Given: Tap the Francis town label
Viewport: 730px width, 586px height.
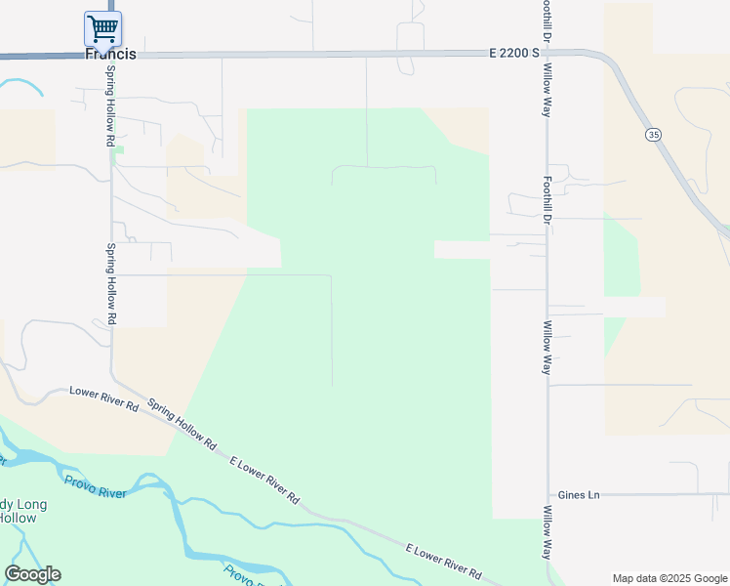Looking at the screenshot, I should [x=110, y=55].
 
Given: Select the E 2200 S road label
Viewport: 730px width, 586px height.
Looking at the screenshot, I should [x=515, y=55].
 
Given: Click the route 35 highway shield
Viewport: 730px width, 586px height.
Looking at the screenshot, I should [x=653, y=134].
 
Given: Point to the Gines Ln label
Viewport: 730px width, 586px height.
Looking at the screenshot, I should [x=578, y=495].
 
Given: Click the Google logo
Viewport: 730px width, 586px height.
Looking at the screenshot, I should [x=32, y=574].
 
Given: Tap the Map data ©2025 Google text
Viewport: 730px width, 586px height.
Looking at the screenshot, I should [x=669, y=578].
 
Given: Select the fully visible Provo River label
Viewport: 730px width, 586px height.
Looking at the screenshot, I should [x=95, y=486].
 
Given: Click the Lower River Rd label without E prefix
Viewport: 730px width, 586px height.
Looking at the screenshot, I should [x=104, y=398].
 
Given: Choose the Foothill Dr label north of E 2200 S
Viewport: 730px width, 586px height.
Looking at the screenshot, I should [x=547, y=20].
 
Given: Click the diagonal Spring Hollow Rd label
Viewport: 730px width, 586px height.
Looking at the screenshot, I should [x=182, y=423].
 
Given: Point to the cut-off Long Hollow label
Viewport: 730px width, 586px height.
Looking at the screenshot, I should [x=18, y=511].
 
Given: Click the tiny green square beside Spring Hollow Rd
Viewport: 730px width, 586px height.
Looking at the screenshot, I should [x=118, y=149].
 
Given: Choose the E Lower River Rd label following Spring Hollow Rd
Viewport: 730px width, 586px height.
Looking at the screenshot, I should [x=264, y=480].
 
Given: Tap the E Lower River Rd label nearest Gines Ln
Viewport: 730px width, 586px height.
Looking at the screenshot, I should [x=443, y=561].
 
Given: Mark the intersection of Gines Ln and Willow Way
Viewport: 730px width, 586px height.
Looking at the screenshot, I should [x=547, y=495].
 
